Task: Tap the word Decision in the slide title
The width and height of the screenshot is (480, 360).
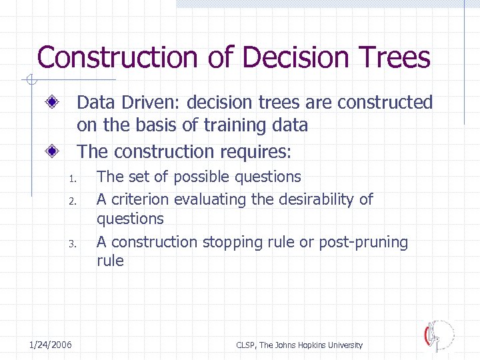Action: tap(295, 57)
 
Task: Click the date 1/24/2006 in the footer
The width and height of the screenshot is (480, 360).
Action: tap(51, 345)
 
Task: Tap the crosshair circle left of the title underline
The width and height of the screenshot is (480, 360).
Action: tap(29, 81)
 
